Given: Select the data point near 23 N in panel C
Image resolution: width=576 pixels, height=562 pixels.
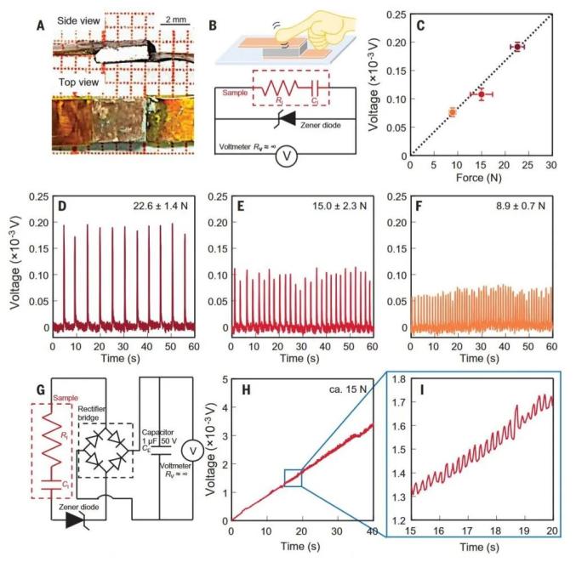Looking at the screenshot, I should tap(516, 47).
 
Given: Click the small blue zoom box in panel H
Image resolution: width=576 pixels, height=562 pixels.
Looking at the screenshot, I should tap(293, 479).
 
